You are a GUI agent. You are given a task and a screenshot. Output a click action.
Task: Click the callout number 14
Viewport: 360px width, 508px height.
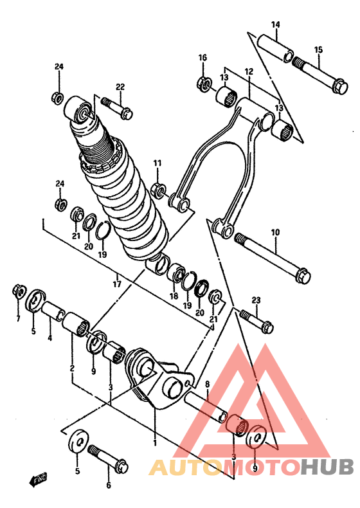tap(276, 24)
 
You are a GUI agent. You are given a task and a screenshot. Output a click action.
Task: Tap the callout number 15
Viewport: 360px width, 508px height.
tap(318, 50)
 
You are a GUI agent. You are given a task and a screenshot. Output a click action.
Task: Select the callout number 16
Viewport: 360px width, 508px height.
tap(203, 58)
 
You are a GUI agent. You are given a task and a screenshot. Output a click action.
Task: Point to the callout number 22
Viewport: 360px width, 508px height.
tap(120, 87)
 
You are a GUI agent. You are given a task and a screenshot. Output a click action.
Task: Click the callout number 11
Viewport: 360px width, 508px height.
tap(157, 163)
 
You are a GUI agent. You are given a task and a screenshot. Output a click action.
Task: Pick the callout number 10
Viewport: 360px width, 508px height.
tap(275, 232)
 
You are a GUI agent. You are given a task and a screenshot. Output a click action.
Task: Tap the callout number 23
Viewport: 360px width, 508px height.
tap(256, 300)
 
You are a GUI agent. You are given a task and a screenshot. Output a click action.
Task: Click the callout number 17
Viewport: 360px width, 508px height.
tap(117, 284)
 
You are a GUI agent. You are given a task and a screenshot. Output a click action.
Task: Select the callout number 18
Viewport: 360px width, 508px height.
tap(174, 296)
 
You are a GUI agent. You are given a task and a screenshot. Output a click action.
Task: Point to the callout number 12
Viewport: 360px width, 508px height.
tap(249, 71)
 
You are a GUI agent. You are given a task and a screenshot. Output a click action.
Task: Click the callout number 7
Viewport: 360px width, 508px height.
tap(18, 318)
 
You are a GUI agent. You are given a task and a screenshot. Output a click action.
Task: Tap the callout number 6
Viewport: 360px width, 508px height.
tap(109, 485)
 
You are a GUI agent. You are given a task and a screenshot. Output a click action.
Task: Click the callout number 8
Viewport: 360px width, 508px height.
tap(208, 384)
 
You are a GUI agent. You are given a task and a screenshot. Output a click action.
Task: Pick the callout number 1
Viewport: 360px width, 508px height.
tap(155, 442)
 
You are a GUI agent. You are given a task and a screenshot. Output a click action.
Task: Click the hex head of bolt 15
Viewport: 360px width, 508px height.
tap(341, 86)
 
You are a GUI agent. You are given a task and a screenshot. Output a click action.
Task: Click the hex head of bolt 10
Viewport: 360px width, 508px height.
tap(303, 276)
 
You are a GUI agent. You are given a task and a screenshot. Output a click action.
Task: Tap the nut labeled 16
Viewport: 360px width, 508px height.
tap(204, 83)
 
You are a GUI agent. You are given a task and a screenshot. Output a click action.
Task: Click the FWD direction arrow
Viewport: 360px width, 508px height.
tap(38, 478)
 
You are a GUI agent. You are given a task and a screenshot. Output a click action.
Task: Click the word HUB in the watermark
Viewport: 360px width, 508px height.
tap(327, 467)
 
